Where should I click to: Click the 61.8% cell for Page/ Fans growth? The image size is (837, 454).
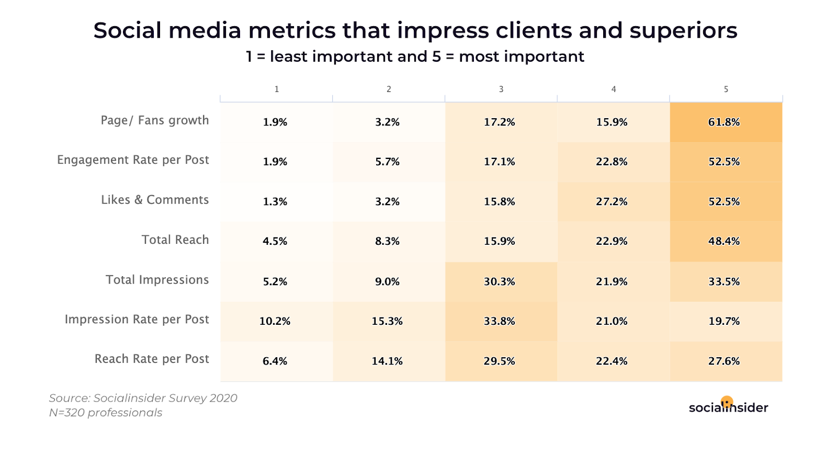pos(724,122)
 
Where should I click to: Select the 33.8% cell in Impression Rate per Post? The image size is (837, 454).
pos(500,321)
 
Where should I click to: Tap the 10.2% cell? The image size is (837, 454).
pos(275,321)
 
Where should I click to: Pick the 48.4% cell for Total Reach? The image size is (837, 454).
pos(724,241)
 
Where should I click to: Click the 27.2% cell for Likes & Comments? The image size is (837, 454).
pos(612,201)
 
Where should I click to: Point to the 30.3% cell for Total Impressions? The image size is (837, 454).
pos(500,281)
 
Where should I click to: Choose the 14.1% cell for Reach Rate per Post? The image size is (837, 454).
pos(387,361)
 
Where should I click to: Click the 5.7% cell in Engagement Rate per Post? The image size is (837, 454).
pos(387,162)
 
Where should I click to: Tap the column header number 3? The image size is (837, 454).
pos(501,89)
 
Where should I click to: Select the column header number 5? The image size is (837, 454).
pos(726,89)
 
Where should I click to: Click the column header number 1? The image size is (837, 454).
pos(277,89)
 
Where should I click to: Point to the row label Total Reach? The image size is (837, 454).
pos(175,240)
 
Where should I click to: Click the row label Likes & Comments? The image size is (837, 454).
pos(155,200)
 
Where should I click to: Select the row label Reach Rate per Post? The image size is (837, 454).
pos(152,359)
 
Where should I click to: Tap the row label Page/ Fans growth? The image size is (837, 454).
pos(155,120)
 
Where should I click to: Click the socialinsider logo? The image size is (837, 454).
pos(728,406)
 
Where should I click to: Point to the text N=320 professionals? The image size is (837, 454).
pos(106,413)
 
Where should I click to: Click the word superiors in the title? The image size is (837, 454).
pos(683,31)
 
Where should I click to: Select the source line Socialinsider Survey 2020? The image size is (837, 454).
pos(143,398)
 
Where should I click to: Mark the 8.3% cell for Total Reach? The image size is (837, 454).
pos(387,241)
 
